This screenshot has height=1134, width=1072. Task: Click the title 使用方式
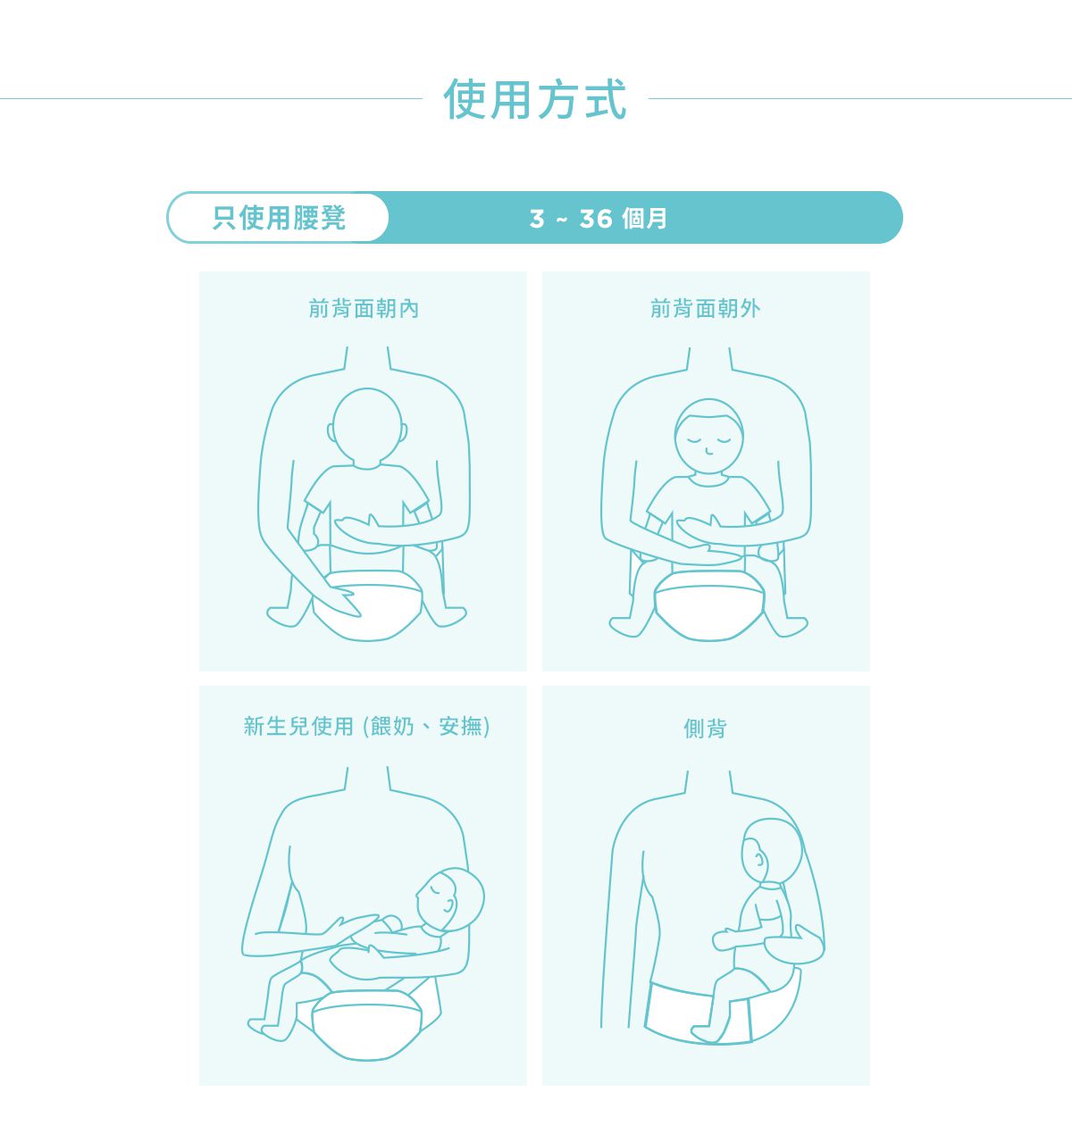(535, 99)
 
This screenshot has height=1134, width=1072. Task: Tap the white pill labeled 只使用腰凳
(279, 218)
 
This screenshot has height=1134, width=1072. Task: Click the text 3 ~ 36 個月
(599, 219)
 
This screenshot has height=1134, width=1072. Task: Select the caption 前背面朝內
(364, 309)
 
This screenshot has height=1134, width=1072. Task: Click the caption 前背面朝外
(706, 309)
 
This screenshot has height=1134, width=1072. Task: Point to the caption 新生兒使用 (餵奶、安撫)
(366, 726)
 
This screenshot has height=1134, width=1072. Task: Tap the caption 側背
(706, 729)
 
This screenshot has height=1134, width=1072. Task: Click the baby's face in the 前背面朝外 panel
(708, 438)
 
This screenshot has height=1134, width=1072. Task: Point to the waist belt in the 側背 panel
(679, 1009)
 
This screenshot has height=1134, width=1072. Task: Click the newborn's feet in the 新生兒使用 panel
(268, 1027)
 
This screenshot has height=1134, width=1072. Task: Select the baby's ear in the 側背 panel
(758, 861)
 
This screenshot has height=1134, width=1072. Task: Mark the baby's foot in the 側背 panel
(705, 1033)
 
